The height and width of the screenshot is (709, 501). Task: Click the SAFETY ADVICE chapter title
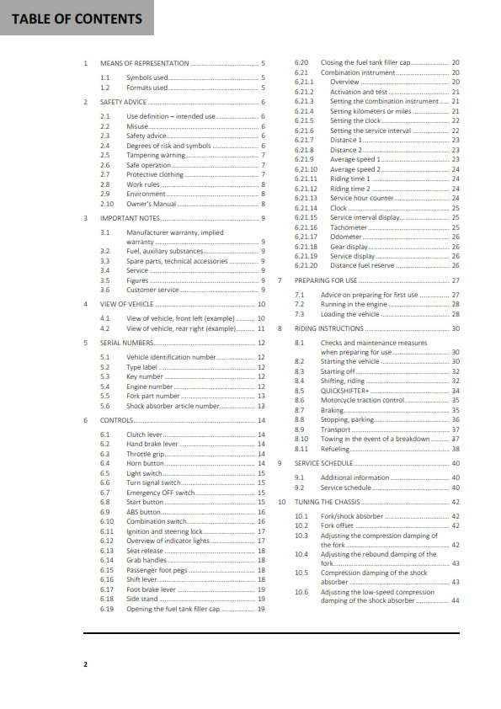pyautogui.click(x=123, y=102)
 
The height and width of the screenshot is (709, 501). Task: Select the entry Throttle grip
pyautogui.click(x=146, y=454)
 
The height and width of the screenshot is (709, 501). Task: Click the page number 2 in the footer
pyautogui.click(x=85, y=664)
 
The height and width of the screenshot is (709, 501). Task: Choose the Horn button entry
pyautogui.click(x=145, y=463)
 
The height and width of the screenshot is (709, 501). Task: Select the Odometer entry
pyautogui.click(x=346, y=237)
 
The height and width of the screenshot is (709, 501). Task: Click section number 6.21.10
pyautogui.click(x=306, y=169)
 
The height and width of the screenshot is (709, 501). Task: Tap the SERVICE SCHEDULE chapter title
pyautogui.click(x=323, y=463)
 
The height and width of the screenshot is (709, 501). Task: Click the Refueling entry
pyautogui.click(x=335, y=449)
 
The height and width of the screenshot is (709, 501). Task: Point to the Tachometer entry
pyautogui.click(x=349, y=227)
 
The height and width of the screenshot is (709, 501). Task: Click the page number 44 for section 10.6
pyautogui.click(x=455, y=600)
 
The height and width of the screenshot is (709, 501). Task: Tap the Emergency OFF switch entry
pyautogui.click(x=160, y=493)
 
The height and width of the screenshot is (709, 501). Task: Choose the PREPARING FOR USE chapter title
pyautogui.click(x=326, y=280)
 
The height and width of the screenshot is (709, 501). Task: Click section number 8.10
pyautogui.click(x=301, y=439)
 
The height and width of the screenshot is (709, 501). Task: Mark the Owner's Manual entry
pyautogui.click(x=151, y=204)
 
